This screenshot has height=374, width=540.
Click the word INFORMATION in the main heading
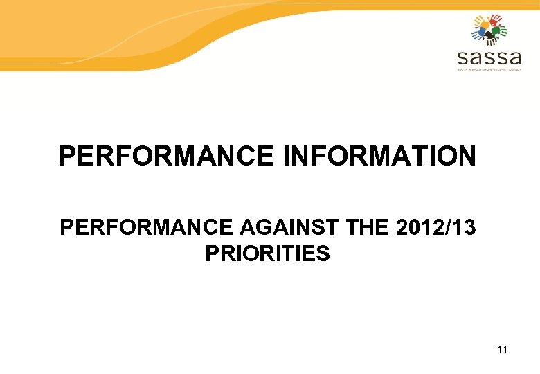point(379,156)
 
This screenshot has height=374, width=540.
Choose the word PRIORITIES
point(267,254)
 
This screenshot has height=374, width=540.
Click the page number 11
point(502,349)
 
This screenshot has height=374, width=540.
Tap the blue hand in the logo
point(478,32)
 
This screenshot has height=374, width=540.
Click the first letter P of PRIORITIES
point(211,254)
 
